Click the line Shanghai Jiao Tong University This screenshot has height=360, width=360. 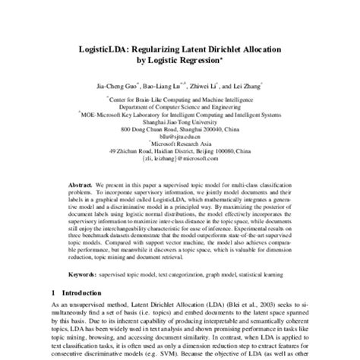point(179,122)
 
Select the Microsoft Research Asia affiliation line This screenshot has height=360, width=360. point(179,145)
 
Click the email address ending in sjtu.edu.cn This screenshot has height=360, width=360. point(179,137)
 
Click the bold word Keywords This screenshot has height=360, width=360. point(82,273)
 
